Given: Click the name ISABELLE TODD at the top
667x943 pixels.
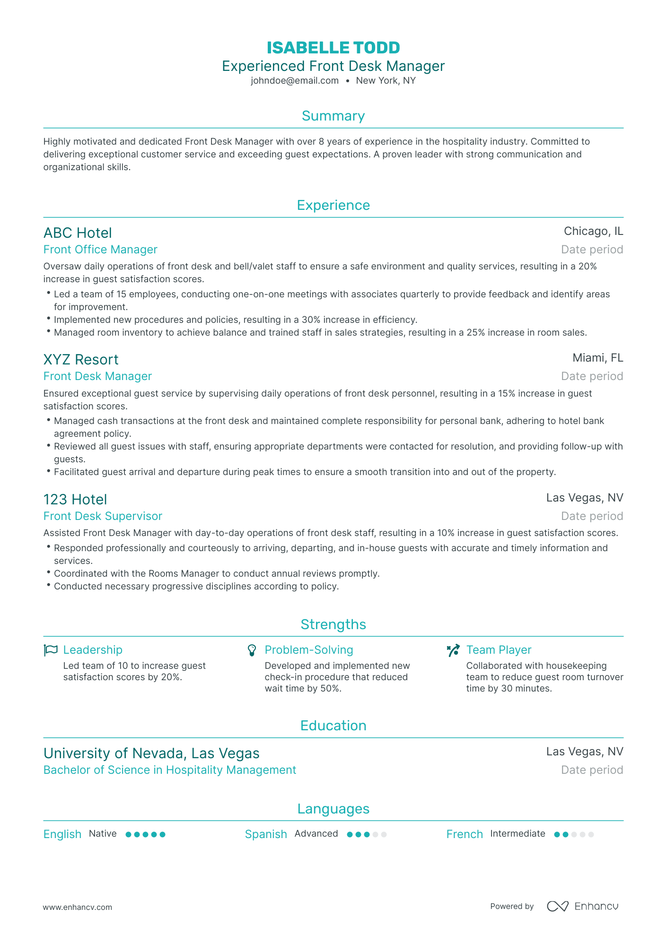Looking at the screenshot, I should [x=333, y=48].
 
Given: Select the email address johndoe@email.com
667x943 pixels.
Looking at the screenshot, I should [x=295, y=81].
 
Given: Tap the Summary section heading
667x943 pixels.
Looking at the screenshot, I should [x=333, y=116].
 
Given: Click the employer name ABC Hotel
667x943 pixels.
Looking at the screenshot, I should [x=78, y=233].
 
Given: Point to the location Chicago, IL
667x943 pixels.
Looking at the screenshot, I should [x=593, y=231].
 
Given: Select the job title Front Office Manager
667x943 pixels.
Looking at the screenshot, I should [x=100, y=250].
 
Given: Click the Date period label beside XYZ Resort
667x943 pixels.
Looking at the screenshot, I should [x=592, y=376].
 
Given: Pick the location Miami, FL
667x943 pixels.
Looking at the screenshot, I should [x=597, y=358].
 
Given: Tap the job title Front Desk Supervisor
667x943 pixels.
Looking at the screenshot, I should [x=103, y=516].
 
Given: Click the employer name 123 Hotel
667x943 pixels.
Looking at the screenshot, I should [x=75, y=500].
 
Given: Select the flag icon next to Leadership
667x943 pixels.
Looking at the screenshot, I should [x=51, y=650].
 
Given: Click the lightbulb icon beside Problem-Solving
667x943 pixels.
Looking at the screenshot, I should [x=252, y=650].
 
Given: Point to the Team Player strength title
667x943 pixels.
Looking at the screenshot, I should [x=499, y=650].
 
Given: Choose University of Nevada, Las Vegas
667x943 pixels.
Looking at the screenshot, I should [x=151, y=753].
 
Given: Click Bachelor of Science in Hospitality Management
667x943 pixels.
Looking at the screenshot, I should [x=169, y=770].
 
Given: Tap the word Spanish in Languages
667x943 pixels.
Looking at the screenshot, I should [x=266, y=834].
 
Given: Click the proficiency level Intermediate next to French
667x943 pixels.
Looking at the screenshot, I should [x=518, y=834].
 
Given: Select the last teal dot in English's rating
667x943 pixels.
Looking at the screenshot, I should [x=163, y=835].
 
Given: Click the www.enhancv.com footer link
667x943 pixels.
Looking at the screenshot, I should [x=78, y=907].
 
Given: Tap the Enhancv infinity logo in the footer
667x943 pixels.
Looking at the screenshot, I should [x=557, y=906].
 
